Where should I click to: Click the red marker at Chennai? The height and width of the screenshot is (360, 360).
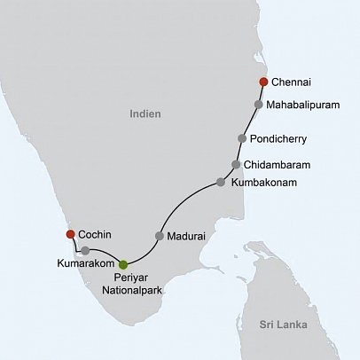pyautogui.click(x=263, y=82)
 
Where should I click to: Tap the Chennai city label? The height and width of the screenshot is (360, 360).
pyautogui.click(x=293, y=82)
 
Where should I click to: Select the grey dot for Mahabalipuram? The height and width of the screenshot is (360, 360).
pyautogui.click(x=258, y=104)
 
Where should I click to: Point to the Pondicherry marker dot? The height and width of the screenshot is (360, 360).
pyautogui.click(x=242, y=138)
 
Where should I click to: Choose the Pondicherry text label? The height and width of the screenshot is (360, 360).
pyautogui.click(x=283, y=139)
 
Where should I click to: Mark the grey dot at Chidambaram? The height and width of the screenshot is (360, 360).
pyautogui.click(x=236, y=164)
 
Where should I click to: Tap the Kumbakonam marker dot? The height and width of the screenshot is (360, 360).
pyautogui.click(x=221, y=183)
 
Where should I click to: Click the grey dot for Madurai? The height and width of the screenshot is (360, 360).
pyautogui.click(x=160, y=236)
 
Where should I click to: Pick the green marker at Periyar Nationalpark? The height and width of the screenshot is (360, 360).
pyautogui.click(x=123, y=264)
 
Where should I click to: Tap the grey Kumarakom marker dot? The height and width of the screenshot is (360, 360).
pyautogui.click(x=84, y=251)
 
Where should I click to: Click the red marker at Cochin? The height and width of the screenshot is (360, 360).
pyautogui.click(x=70, y=234)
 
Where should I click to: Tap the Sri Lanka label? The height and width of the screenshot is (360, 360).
pyautogui.click(x=278, y=325)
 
